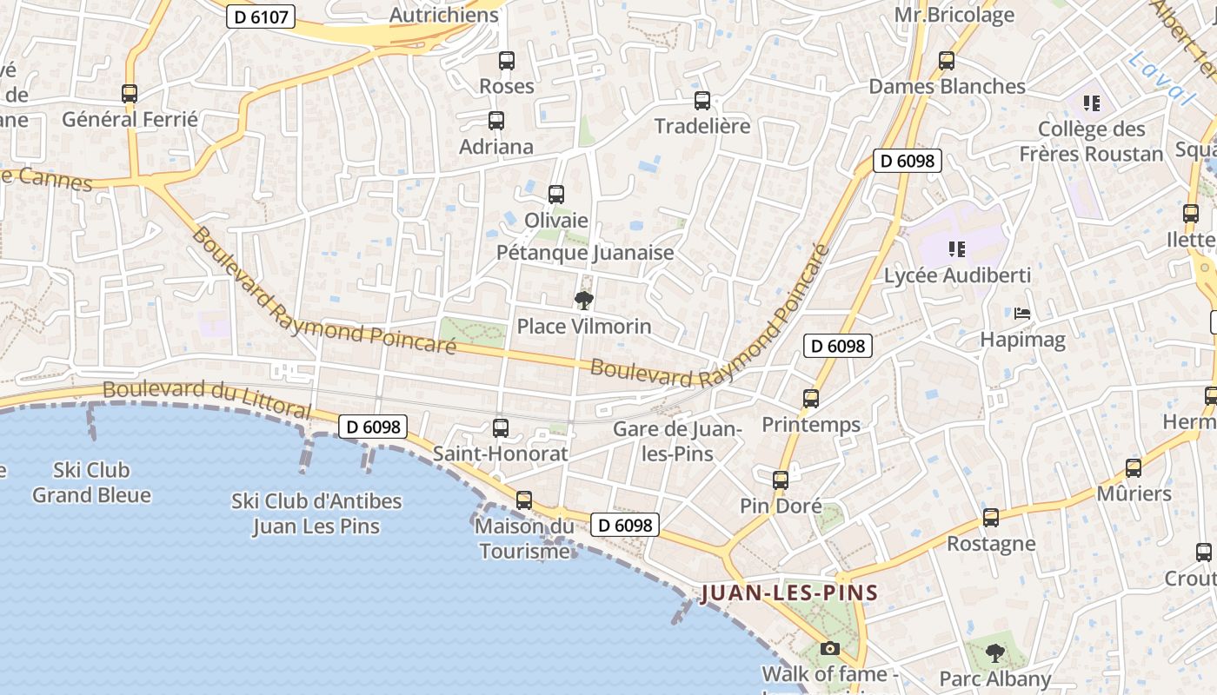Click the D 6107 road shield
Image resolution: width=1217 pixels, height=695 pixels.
pos(261,17)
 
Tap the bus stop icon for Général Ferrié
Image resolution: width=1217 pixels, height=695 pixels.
pos(130,94)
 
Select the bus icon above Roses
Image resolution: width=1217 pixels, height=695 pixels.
pos(507,61)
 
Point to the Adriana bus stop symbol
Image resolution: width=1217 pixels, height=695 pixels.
pos(496,121)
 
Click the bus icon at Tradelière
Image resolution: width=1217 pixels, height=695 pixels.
pos(702,101)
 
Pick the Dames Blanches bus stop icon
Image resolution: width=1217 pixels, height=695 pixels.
pos(947,61)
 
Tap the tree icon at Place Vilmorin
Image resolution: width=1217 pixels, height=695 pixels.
pos(584,301)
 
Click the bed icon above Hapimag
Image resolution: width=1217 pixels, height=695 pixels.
pos(1022,313)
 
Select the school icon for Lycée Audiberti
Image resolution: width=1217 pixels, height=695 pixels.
pos(957,249)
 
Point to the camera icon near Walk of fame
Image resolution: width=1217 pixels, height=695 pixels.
pos(830,648)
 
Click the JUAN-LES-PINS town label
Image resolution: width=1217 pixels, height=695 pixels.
pos(789,593)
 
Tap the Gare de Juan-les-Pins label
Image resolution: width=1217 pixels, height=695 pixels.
pos(676,441)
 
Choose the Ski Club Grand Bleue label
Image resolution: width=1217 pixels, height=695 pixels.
pos(91,483)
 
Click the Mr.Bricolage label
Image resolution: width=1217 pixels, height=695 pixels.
pos(954,15)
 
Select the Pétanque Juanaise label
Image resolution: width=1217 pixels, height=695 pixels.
pos(585,253)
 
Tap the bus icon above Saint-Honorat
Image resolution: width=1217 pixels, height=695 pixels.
pos(501,427)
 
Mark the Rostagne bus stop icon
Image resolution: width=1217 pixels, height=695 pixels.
pos(991,519)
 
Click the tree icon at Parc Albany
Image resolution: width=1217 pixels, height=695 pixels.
pos(995,652)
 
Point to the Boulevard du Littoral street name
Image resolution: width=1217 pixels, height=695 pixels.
pos(206,398)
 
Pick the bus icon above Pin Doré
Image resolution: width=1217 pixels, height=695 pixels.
pos(781,480)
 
